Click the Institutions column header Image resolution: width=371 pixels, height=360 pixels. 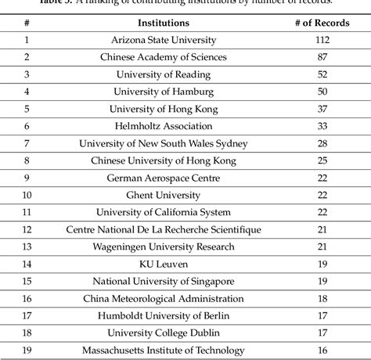click(x=164, y=23)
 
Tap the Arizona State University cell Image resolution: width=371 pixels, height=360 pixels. click(x=163, y=40)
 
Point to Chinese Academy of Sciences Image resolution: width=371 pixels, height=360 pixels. click(x=164, y=57)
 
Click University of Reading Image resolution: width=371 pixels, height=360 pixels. click(x=164, y=74)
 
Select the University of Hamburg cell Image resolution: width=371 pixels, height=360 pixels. click(x=164, y=92)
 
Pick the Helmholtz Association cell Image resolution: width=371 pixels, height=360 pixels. click(x=164, y=126)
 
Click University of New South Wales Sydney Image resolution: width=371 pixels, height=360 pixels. click(x=164, y=143)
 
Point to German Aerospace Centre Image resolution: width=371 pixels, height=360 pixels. click(x=164, y=178)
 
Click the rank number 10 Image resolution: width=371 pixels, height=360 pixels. click(x=27, y=195)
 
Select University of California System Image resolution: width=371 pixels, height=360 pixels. click(x=164, y=212)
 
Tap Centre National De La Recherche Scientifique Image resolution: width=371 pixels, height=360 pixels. click(x=164, y=229)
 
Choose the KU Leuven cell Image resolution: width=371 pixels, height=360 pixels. click(x=164, y=264)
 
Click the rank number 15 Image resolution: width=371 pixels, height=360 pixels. click(x=27, y=281)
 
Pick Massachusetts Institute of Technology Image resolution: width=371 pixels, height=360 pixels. click(x=164, y=350)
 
